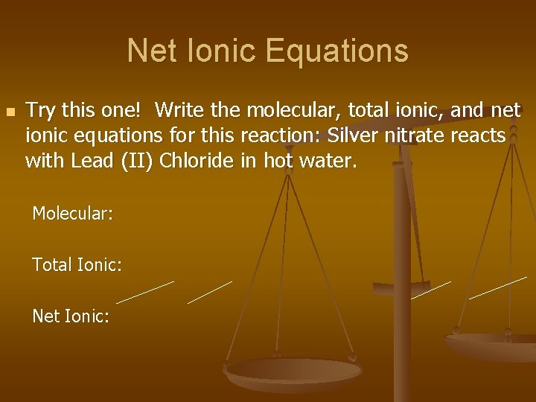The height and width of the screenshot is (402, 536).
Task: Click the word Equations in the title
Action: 336,51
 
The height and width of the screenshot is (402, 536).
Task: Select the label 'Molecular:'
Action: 72,214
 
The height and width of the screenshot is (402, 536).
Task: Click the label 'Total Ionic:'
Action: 77,264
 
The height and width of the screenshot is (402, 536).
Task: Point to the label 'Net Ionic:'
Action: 71,316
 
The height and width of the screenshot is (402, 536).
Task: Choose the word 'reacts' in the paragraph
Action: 485,135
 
